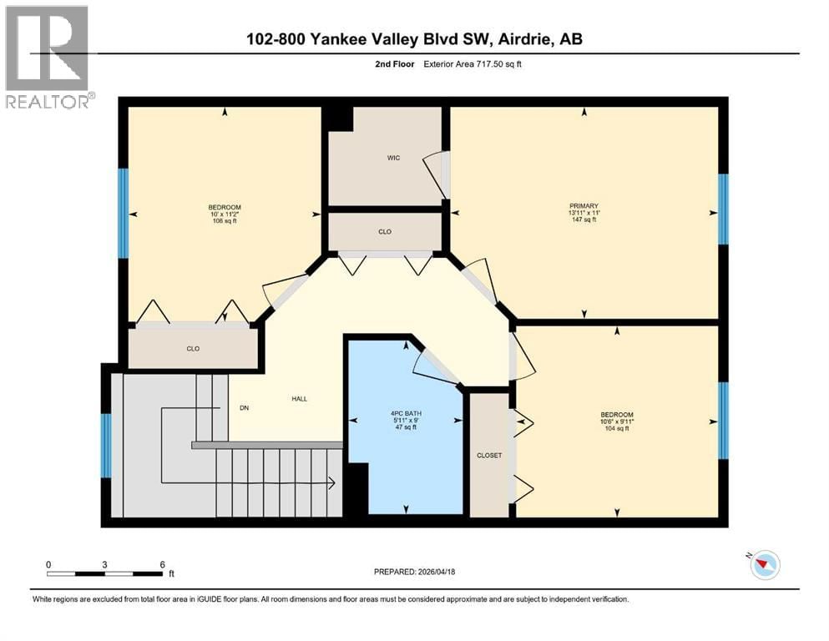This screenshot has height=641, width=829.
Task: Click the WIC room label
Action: [x=393, y=158]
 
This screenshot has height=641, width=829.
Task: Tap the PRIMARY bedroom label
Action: [x=584, y=206]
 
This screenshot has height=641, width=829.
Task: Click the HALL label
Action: [x=299, y=399]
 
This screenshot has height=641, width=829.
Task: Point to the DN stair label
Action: [x=243, y=408]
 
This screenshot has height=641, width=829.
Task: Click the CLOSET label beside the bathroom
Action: [x=489, y=456]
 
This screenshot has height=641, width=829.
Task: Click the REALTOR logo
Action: [x=48, y=58]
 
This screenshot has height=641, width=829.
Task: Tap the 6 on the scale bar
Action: [x=162, y=563]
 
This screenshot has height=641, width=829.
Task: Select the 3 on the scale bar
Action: [x=105, y=563]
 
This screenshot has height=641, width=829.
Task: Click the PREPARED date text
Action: [x=414, y=572]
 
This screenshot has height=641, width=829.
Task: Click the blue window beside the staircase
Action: [x=106, y=445]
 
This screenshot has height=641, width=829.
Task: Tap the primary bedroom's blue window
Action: [x=723, y=209]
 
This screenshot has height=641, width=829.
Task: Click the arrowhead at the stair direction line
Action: [x=331, y=482]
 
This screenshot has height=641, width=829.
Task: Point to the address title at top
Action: [x=414, y=40]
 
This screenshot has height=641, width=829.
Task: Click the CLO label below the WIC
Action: [x=384, y=231]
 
